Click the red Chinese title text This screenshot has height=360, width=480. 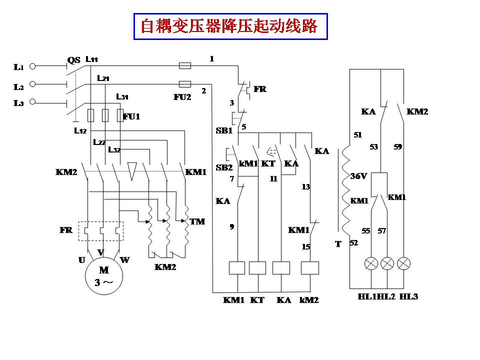tap(229, 26)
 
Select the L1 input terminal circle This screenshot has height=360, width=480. tap(33, 66)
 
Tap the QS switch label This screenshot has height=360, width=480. tap(73, 60)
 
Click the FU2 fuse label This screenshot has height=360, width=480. tap(182, 97)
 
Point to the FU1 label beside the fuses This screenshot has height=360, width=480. tap(131, 116)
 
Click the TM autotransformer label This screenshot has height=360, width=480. tap(197, 221)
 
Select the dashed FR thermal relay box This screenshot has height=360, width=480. tap(100, 231)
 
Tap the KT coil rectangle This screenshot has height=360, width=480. tap(257, 268)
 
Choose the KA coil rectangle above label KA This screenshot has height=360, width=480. tap(281, 268)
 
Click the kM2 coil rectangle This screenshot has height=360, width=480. tap(310, 268)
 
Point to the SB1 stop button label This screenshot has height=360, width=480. tap(224, 130)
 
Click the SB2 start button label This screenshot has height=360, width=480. tap(224, 167)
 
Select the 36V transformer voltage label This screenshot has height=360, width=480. tap(358, 176)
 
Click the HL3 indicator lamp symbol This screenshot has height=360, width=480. tap(403, 263)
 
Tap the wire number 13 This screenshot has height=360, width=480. tap(305, 186)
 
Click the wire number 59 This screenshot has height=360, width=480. tap(397, 147)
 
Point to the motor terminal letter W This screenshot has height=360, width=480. tap(124, 260)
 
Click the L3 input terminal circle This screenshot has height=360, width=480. tap(33, 102)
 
